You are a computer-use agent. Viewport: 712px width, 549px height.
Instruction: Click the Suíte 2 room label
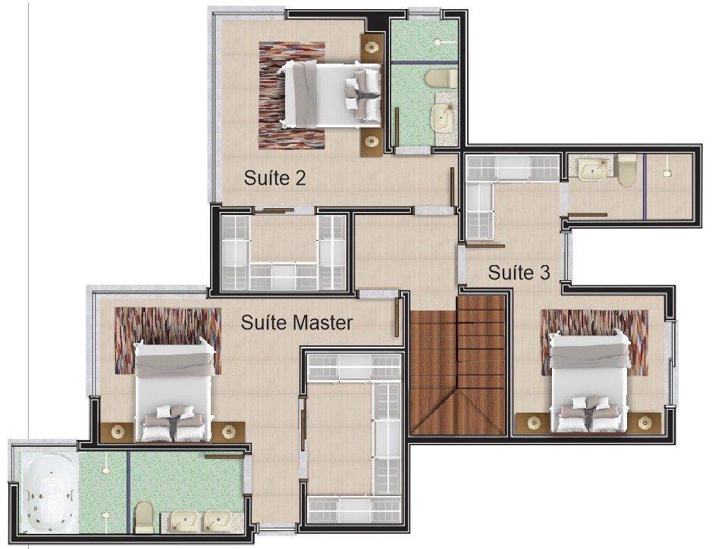pyautogui.click(x=274, y=178)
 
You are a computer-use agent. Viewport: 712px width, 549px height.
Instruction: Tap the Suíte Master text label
pyautogui.click(x=296, y=323)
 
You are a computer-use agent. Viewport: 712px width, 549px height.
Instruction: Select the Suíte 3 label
pyautogui.click(x=519, y=273)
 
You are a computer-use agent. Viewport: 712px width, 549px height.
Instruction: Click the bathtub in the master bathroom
pyautogui.click(x=49, y=494)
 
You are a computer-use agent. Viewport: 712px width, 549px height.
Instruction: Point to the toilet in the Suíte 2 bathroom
pyautogui.click(x=441, y=79)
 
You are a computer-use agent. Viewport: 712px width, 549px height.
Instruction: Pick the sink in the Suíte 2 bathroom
pyautogui.click(x=441, y=116)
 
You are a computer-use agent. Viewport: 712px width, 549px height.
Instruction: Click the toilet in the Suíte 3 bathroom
pyautogui.click(x=627, y=170)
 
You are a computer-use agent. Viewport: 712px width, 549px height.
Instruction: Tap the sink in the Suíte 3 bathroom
pyautogui.click(x=594, y=169)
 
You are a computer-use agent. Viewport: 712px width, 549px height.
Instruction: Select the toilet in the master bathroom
pyautogui.click(x=144, y=517)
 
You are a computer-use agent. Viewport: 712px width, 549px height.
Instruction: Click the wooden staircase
pyautogui.click(x=458, y=365)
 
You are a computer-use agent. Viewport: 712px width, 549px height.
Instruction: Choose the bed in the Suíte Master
pyautogui.click(x=174, y=390)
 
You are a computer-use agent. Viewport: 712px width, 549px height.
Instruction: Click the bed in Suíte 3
pyautogui.click(x=588, y=382)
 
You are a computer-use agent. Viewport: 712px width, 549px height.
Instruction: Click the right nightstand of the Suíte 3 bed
pyautogui.click(x=643, y=423)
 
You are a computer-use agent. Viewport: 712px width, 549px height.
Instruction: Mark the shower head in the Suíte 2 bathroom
pyautogui.click(x=438, y=42)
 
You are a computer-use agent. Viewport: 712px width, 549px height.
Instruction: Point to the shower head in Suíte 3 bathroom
pyautogui.click(x=667, y=172)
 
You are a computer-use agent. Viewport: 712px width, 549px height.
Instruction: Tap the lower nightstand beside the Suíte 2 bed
pyautogui.click(x=372, y=142)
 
